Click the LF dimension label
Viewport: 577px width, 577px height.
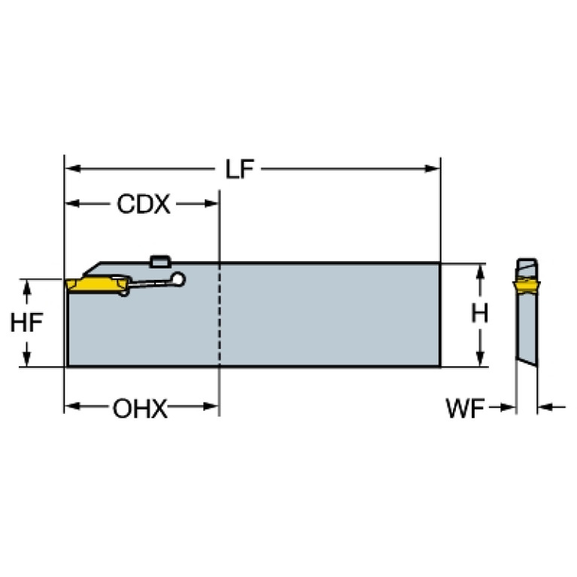pos(239,169)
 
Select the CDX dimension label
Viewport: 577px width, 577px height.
pos(144,204)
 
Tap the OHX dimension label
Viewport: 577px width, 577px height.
pos(140,408)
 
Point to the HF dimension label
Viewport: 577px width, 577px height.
pos(26,323)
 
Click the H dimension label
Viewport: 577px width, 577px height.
pos(479,314)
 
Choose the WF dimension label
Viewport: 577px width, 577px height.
pos(465,408)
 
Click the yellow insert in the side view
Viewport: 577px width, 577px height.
pos(98,284)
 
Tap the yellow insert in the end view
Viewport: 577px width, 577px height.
pos(526,287)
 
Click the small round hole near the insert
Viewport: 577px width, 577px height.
pos(178,279)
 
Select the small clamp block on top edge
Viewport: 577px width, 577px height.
pos(159,260)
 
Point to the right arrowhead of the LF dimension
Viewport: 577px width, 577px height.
pos(432,169)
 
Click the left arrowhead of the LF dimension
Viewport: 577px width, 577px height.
pos(73,169)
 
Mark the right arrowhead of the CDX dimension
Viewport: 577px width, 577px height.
pos(211,203)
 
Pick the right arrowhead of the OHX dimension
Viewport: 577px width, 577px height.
pos(211,407)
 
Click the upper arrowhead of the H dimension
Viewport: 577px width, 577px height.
pos(480,272)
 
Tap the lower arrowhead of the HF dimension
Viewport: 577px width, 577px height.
pos(26,358)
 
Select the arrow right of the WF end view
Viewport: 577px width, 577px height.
pos(551,407)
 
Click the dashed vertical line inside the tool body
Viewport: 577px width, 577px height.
pos(220,314)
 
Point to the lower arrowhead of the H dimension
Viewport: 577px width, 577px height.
pos(480,358)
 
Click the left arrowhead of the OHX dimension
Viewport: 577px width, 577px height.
pos(72,406)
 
